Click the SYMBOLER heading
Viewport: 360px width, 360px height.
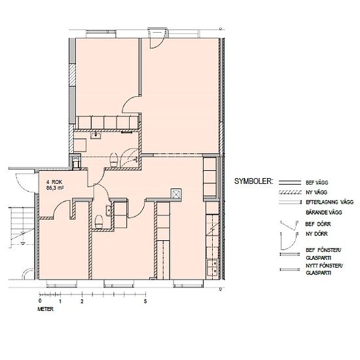pyautogui.click(x=254, y=181)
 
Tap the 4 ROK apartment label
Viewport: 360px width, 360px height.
pyautogui.click(x=54, y=182)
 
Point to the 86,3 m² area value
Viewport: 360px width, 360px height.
pyautogui.click(x=55, y=188)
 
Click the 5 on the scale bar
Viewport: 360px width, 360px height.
pyautogui.click(x=145, y=301)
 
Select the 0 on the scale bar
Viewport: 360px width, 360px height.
pyautogui.click(x=40, y=301)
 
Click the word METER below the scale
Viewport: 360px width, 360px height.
pyautogui.click(x=45, y=309)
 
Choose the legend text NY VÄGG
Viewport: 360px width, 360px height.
pyautogui.click(x=316, y=192)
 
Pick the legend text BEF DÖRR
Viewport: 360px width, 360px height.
pyautogui.click(x=318, y=224)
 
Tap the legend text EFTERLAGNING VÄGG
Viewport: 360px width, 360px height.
pyautogui.click(x=330, y=202)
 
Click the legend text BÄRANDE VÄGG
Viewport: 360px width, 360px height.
pyautogui.click(x=324, y=212)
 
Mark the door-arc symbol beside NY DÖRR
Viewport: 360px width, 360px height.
pyautogui.click(x=289, y=242)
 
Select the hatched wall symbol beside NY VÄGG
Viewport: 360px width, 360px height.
pyautogui.click(x=290, y=192)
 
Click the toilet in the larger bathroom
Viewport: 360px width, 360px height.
pyautogui.click(x=114, y=159)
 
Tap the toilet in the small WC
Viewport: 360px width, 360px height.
pyautogui.click(x=99, y=221)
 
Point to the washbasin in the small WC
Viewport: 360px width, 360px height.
pyautogui.click(x=109, y=210)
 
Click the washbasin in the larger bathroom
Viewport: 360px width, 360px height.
pyautogui.click(x=96, y=135)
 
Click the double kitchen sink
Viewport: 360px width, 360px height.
pyautogui.click(x=212, y=267)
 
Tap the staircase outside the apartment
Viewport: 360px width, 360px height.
pyautogui.click(x=22, y=227)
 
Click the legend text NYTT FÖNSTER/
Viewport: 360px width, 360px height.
pyautogui.click(x=324, y=266)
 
